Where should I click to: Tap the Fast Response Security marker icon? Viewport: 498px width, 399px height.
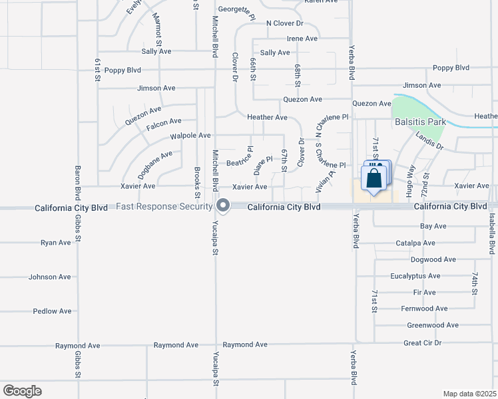click(x=223, y=205)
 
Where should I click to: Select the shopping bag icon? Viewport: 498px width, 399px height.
click(x=374, y=178)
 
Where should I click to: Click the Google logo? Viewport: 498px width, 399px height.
click(x=22, y=391)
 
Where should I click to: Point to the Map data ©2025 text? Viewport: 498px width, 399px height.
click(x=469, y=394)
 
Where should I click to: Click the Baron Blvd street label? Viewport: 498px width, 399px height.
click(x=78, y=180)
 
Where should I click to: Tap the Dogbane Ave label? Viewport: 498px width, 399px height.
click(x=154, y=165)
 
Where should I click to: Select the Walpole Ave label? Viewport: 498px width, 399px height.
click(x=190, y=136)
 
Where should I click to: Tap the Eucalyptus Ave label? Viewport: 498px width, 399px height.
click(x=416, y=276)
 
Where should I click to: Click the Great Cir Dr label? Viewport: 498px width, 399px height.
click(x=423, y=343)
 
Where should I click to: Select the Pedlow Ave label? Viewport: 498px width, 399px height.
click(x=53, y=311)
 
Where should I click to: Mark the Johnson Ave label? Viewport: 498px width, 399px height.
click(x=50, y=277)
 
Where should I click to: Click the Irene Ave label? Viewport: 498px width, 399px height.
click(x=302, y=39)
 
